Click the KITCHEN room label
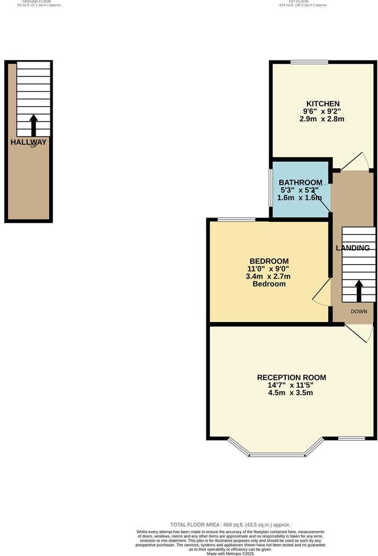coord(322,103)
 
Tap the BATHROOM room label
coord(301,182)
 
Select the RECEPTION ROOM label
coord(291,378)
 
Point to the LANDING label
coord(353,248)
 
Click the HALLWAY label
coord(29,142)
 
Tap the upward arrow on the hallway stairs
coord(33,125)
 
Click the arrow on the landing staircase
coord(358,291)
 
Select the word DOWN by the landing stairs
coord(358,311)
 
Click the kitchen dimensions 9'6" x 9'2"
coord(322,111)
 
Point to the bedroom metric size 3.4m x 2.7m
coord(269,276)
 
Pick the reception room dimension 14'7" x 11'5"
coord(291,385)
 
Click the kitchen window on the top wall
coord(309,62)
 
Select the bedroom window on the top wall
coord(236,220)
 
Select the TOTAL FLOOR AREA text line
coord(230,525)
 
